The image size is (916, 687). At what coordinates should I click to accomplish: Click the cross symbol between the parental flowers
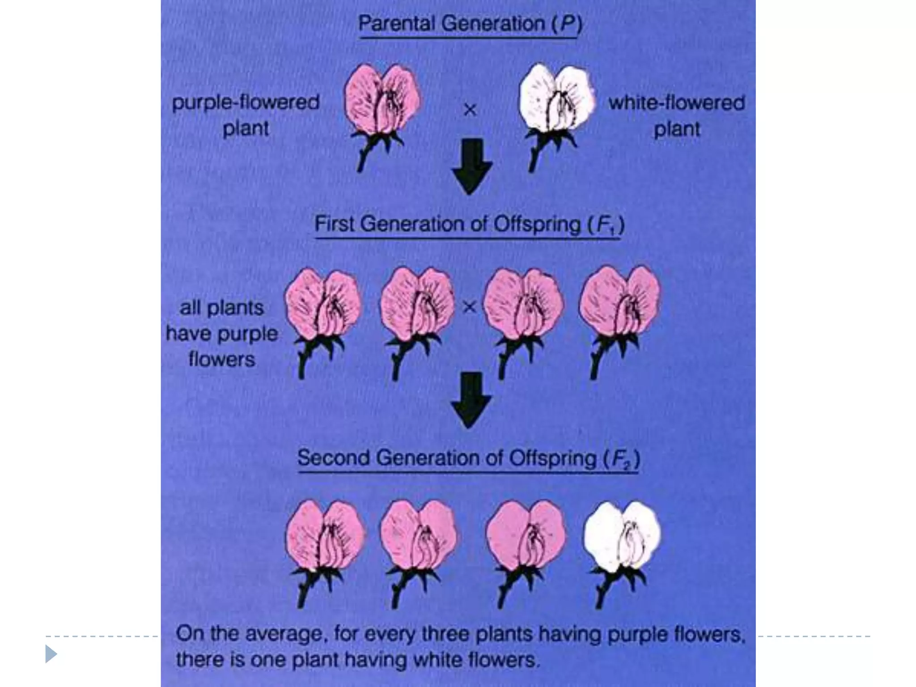coord(470,110)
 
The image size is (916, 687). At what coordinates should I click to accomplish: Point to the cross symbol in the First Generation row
coord(469,307)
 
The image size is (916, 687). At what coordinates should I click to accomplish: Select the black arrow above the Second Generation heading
coord(471,399)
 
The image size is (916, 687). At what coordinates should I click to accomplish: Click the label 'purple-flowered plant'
coord(246,115)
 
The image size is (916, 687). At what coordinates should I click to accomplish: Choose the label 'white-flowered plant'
coord(676,116)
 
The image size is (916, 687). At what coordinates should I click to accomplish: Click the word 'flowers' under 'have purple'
coord(222,359)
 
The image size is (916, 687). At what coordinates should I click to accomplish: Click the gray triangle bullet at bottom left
coord(51,654)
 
